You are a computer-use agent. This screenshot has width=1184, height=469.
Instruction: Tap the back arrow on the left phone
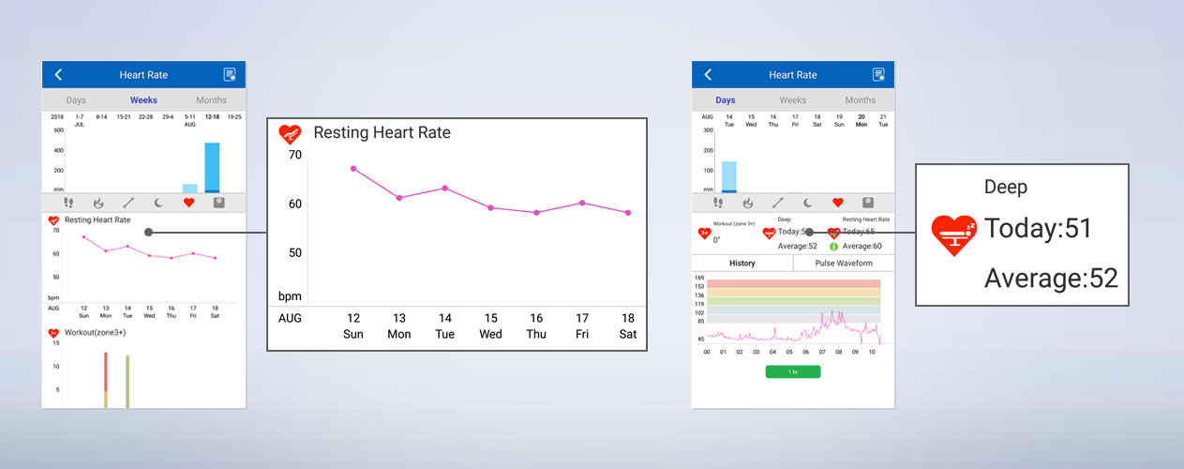click(x=58, y=75)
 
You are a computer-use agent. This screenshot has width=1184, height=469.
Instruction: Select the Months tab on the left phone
click(x=211, y=100)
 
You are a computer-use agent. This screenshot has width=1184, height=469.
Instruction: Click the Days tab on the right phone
click(x=726, y=100)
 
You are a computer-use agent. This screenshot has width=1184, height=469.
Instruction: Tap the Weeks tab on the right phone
click(x=793, y=100)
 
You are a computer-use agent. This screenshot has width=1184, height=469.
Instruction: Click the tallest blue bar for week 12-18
click(x=212, y=167)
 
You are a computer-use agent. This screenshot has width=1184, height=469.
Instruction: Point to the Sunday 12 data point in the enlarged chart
click(x=353, y=168)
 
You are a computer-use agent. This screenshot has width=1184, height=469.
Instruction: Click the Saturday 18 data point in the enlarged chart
click(x=628, y=213)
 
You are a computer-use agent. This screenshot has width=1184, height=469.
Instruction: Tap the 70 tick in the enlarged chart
click(x=294, y=155)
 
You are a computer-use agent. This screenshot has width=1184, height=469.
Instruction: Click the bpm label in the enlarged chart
click(x=290, y=296)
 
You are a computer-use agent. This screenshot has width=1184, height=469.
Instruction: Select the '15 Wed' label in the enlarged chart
click(x=490, y=325)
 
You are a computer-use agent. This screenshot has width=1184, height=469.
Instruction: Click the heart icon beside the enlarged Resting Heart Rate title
click(x=291, y=134)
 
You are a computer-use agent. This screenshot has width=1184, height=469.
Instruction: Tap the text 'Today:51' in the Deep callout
click(x=1038, y=229)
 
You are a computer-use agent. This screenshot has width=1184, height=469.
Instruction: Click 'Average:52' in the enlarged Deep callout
click(x=1051, y=278)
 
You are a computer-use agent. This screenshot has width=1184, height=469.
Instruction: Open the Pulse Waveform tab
click(x=844, y=264)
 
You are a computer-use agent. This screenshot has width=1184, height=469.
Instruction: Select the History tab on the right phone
click(x=742, y=264)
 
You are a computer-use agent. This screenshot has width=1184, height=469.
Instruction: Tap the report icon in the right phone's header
click(x=878, y=75)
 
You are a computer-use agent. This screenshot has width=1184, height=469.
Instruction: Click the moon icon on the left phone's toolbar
click(x=158, y=202)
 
